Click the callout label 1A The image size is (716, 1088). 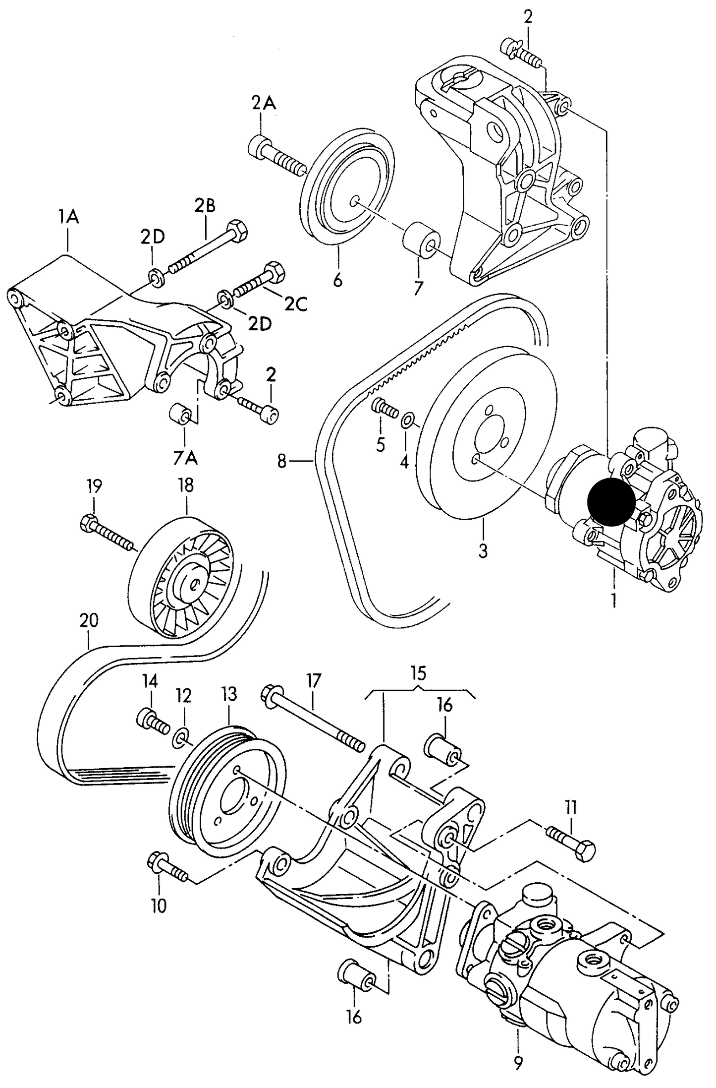click(x=68, y=217)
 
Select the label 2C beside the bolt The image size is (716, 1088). click(x=296, y=303)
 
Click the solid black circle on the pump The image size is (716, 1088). click(x=610, y=501)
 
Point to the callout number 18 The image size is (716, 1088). click(x=186, y=485)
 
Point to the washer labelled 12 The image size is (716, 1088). click(x=181, y=739)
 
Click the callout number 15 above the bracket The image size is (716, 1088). click(x=418, y=673)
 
